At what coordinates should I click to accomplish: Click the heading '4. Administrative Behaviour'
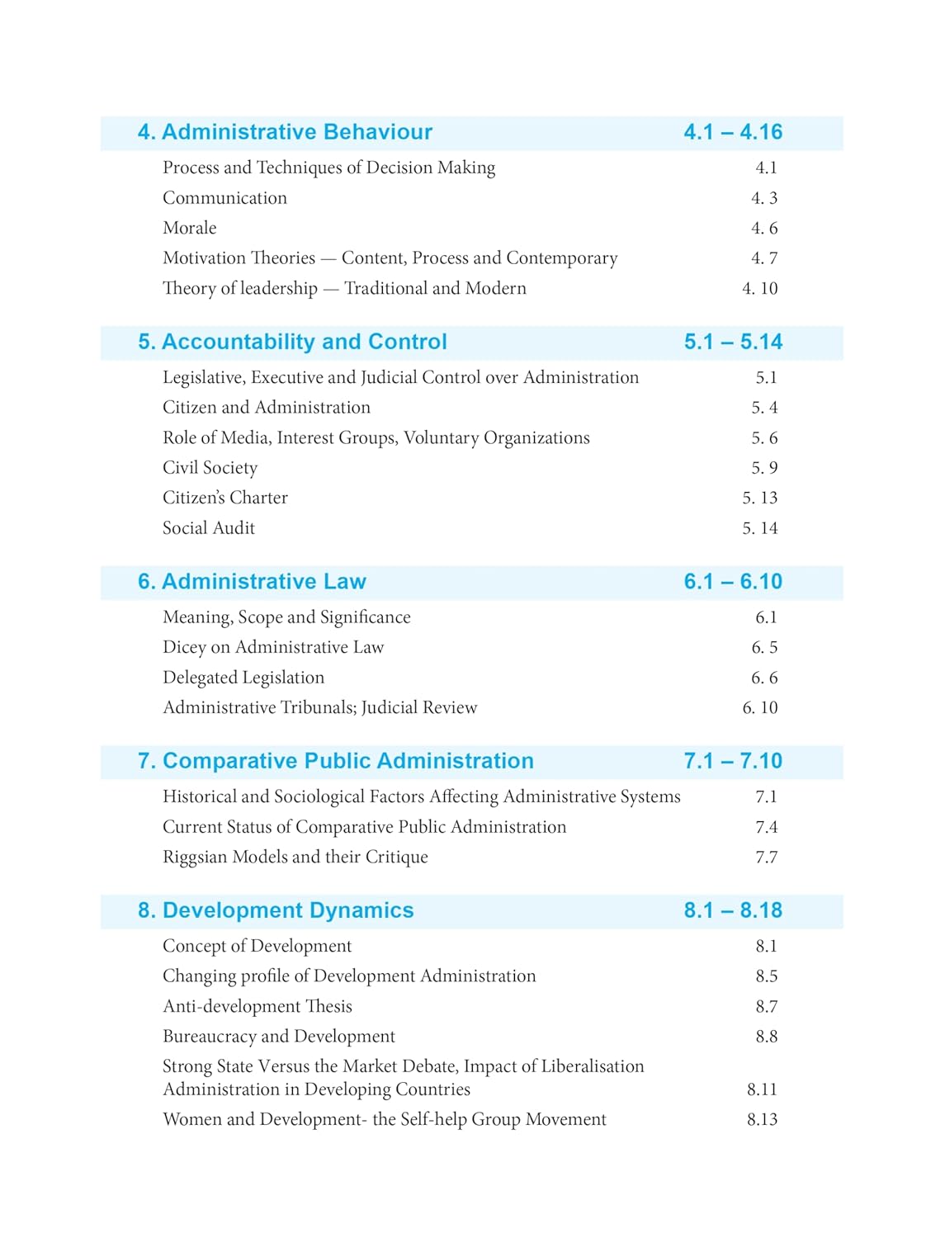[285, 132]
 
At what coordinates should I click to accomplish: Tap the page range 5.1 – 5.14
[733, 342]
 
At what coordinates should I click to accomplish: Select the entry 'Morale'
[189, 228]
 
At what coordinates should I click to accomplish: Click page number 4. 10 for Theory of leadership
[759, 288]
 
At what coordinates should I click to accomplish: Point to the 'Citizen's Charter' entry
[224, 498]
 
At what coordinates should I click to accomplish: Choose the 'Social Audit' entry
[208, 528]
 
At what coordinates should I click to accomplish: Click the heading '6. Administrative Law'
[252, 582]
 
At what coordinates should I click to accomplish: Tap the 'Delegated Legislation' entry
[243, 678]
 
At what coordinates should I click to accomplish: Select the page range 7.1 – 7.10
[733, 761]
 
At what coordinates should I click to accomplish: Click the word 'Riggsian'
[195, 858]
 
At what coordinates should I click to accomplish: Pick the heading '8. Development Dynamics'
[276, 910]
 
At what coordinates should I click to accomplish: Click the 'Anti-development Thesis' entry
[257, 1007]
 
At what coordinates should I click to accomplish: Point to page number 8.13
[762, 1120]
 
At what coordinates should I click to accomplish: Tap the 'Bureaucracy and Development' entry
[278, 1037]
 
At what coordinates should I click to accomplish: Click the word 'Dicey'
[183, 648]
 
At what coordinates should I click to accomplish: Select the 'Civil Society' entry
[210, 468]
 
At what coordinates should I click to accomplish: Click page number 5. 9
[764, 468]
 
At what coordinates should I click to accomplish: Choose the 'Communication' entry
[224, 198]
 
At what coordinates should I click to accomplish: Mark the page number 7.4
[766, 827]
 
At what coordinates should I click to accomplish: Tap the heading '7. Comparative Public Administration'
[336, 761]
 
